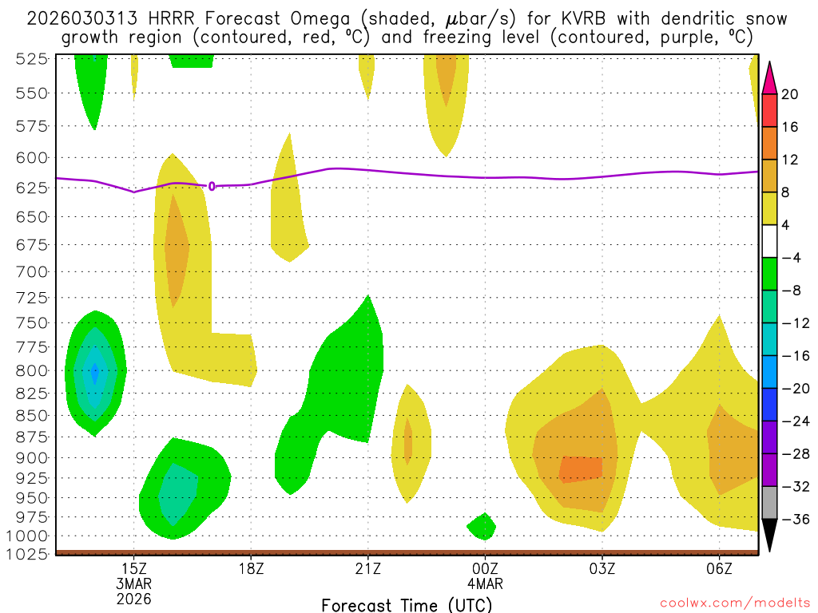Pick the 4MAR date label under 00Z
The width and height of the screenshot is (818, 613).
[485, 583]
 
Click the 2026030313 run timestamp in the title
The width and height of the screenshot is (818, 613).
[73, 18]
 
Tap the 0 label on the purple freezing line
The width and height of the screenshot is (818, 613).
[212, 186]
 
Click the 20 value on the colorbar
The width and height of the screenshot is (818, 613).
[790, 94]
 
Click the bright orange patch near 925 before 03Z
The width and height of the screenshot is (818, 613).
[581, 469]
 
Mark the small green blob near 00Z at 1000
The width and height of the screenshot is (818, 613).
[482, 526]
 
